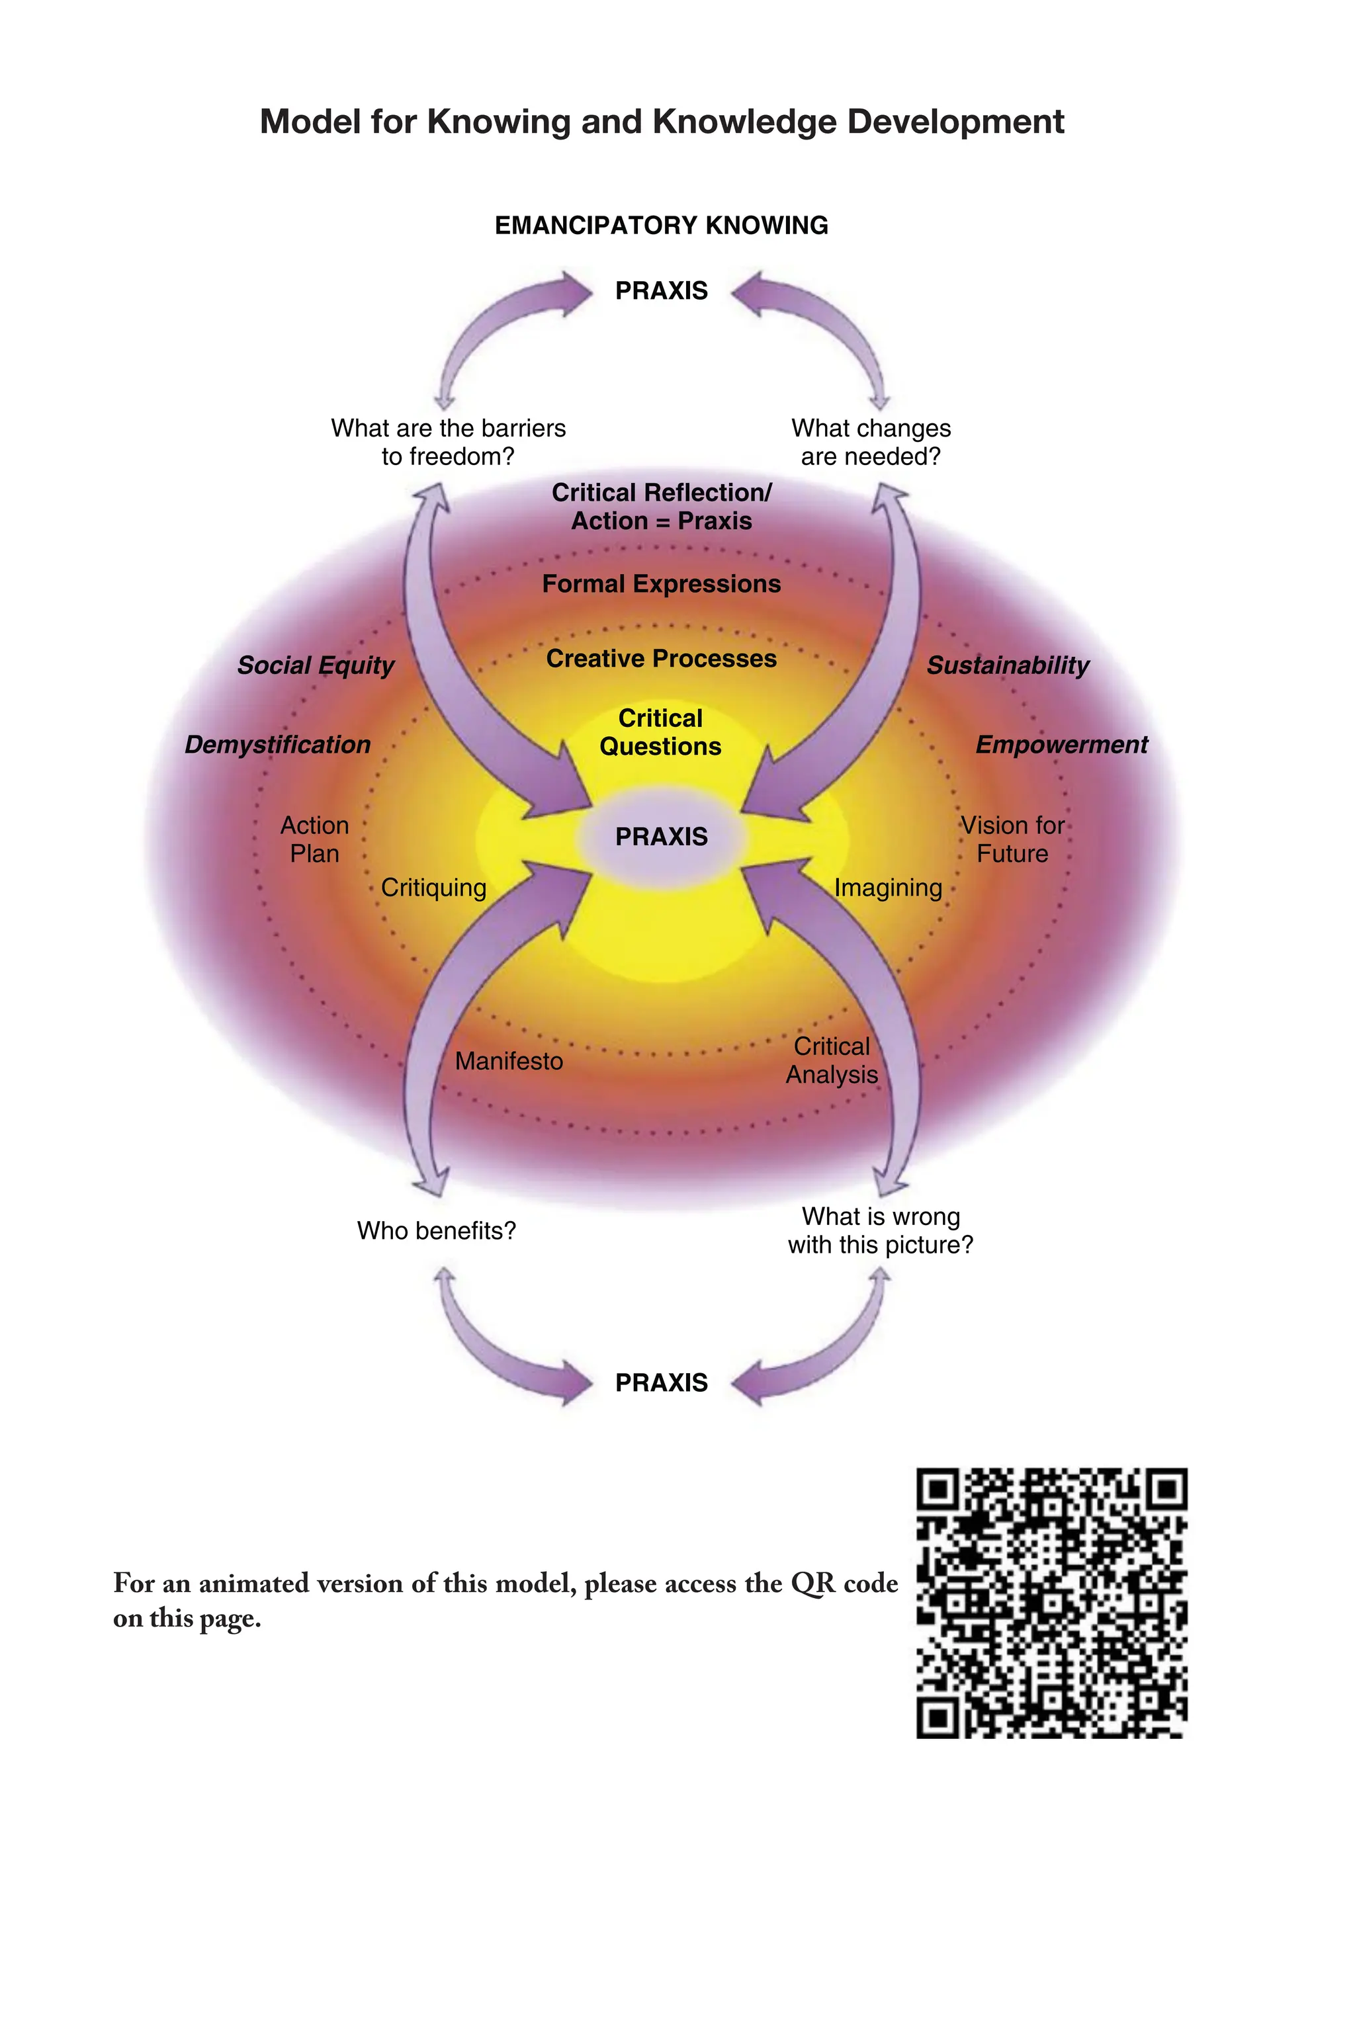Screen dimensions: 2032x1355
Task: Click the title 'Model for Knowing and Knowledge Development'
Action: coord(662,122)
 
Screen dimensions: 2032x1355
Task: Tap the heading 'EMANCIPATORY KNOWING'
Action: coord(661,226)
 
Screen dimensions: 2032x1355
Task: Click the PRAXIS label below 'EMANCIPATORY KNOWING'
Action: coord(661,291)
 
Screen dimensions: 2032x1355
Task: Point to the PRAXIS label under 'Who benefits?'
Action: coord(661,1383)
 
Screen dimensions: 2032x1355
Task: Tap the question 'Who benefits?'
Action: coord(437,1231)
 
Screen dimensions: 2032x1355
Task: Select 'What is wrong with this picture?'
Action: coord(881,1231)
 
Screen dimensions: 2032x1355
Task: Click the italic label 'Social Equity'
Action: coord(316,665)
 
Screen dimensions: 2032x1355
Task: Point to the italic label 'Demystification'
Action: coord(277,745)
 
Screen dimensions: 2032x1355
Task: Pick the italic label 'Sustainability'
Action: coord(1008,665)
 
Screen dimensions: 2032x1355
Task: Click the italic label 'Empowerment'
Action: coord(1061,745)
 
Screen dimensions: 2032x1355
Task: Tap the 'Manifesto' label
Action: coord(509,1062)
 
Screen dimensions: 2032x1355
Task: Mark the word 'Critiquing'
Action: coord(434,888)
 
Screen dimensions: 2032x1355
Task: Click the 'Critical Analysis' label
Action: coord(831,1061)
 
